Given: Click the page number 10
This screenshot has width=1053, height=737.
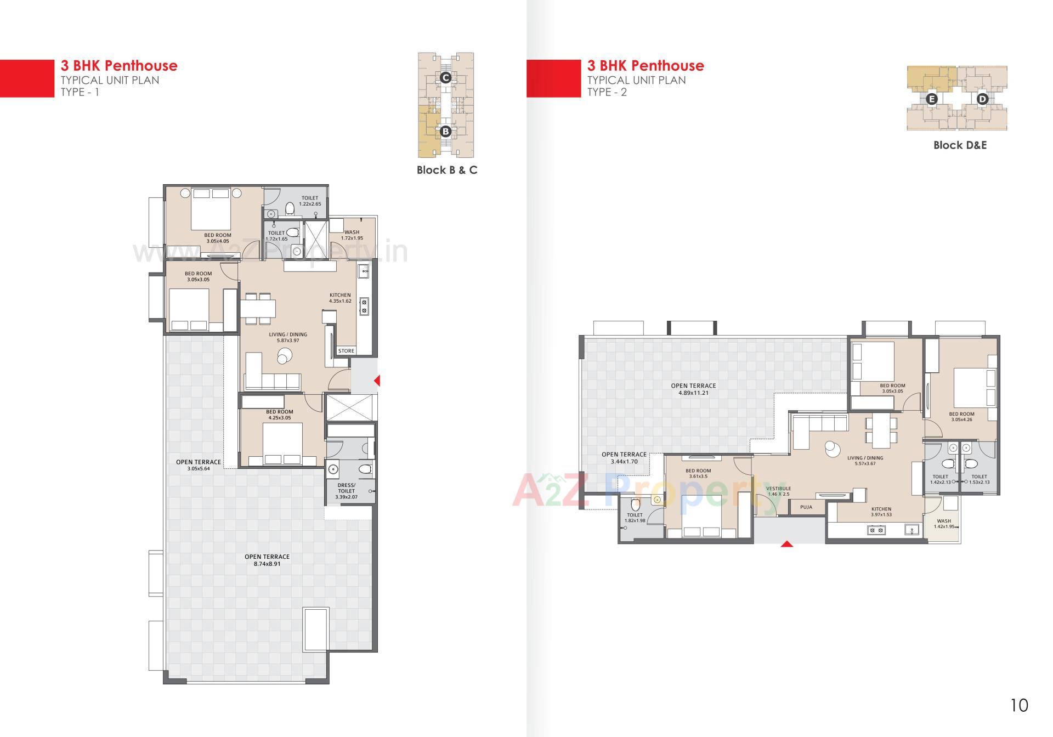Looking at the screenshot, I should point(1019,705).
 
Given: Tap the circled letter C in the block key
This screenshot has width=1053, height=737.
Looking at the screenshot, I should point(446,78).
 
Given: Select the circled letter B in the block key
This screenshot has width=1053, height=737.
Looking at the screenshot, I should point(445,131).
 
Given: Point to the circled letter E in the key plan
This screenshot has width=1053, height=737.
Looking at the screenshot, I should point(931,99).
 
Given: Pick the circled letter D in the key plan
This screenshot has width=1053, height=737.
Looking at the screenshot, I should point(982,99).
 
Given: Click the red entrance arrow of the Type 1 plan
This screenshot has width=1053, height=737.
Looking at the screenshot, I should point(377,380).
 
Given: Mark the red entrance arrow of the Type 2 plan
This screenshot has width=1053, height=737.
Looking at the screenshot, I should point(786,544).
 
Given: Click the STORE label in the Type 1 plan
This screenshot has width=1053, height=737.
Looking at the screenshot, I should point(346,351).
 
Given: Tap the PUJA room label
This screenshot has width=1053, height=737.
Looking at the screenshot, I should point(806,507).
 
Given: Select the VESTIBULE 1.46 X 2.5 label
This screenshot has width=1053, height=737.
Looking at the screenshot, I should point(778,491).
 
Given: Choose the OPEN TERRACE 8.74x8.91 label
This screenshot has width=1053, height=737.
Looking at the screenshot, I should point(267,560).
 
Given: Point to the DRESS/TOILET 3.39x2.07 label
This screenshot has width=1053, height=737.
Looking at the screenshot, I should point(346,491).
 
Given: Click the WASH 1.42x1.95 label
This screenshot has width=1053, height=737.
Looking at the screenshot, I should point(944,524).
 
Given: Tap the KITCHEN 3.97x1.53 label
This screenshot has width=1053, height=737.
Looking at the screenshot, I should point(881,512).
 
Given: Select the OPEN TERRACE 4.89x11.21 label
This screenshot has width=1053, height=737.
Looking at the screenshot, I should point(693,389).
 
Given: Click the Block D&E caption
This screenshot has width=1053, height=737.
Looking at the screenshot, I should point(960,145).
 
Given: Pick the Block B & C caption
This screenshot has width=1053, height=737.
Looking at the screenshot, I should point(446,170).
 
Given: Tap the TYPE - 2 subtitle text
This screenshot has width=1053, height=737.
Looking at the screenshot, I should point(607,92).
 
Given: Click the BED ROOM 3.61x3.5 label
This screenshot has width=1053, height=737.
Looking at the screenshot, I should point(698,473).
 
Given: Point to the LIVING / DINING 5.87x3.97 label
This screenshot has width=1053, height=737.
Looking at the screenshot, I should point(288,337).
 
